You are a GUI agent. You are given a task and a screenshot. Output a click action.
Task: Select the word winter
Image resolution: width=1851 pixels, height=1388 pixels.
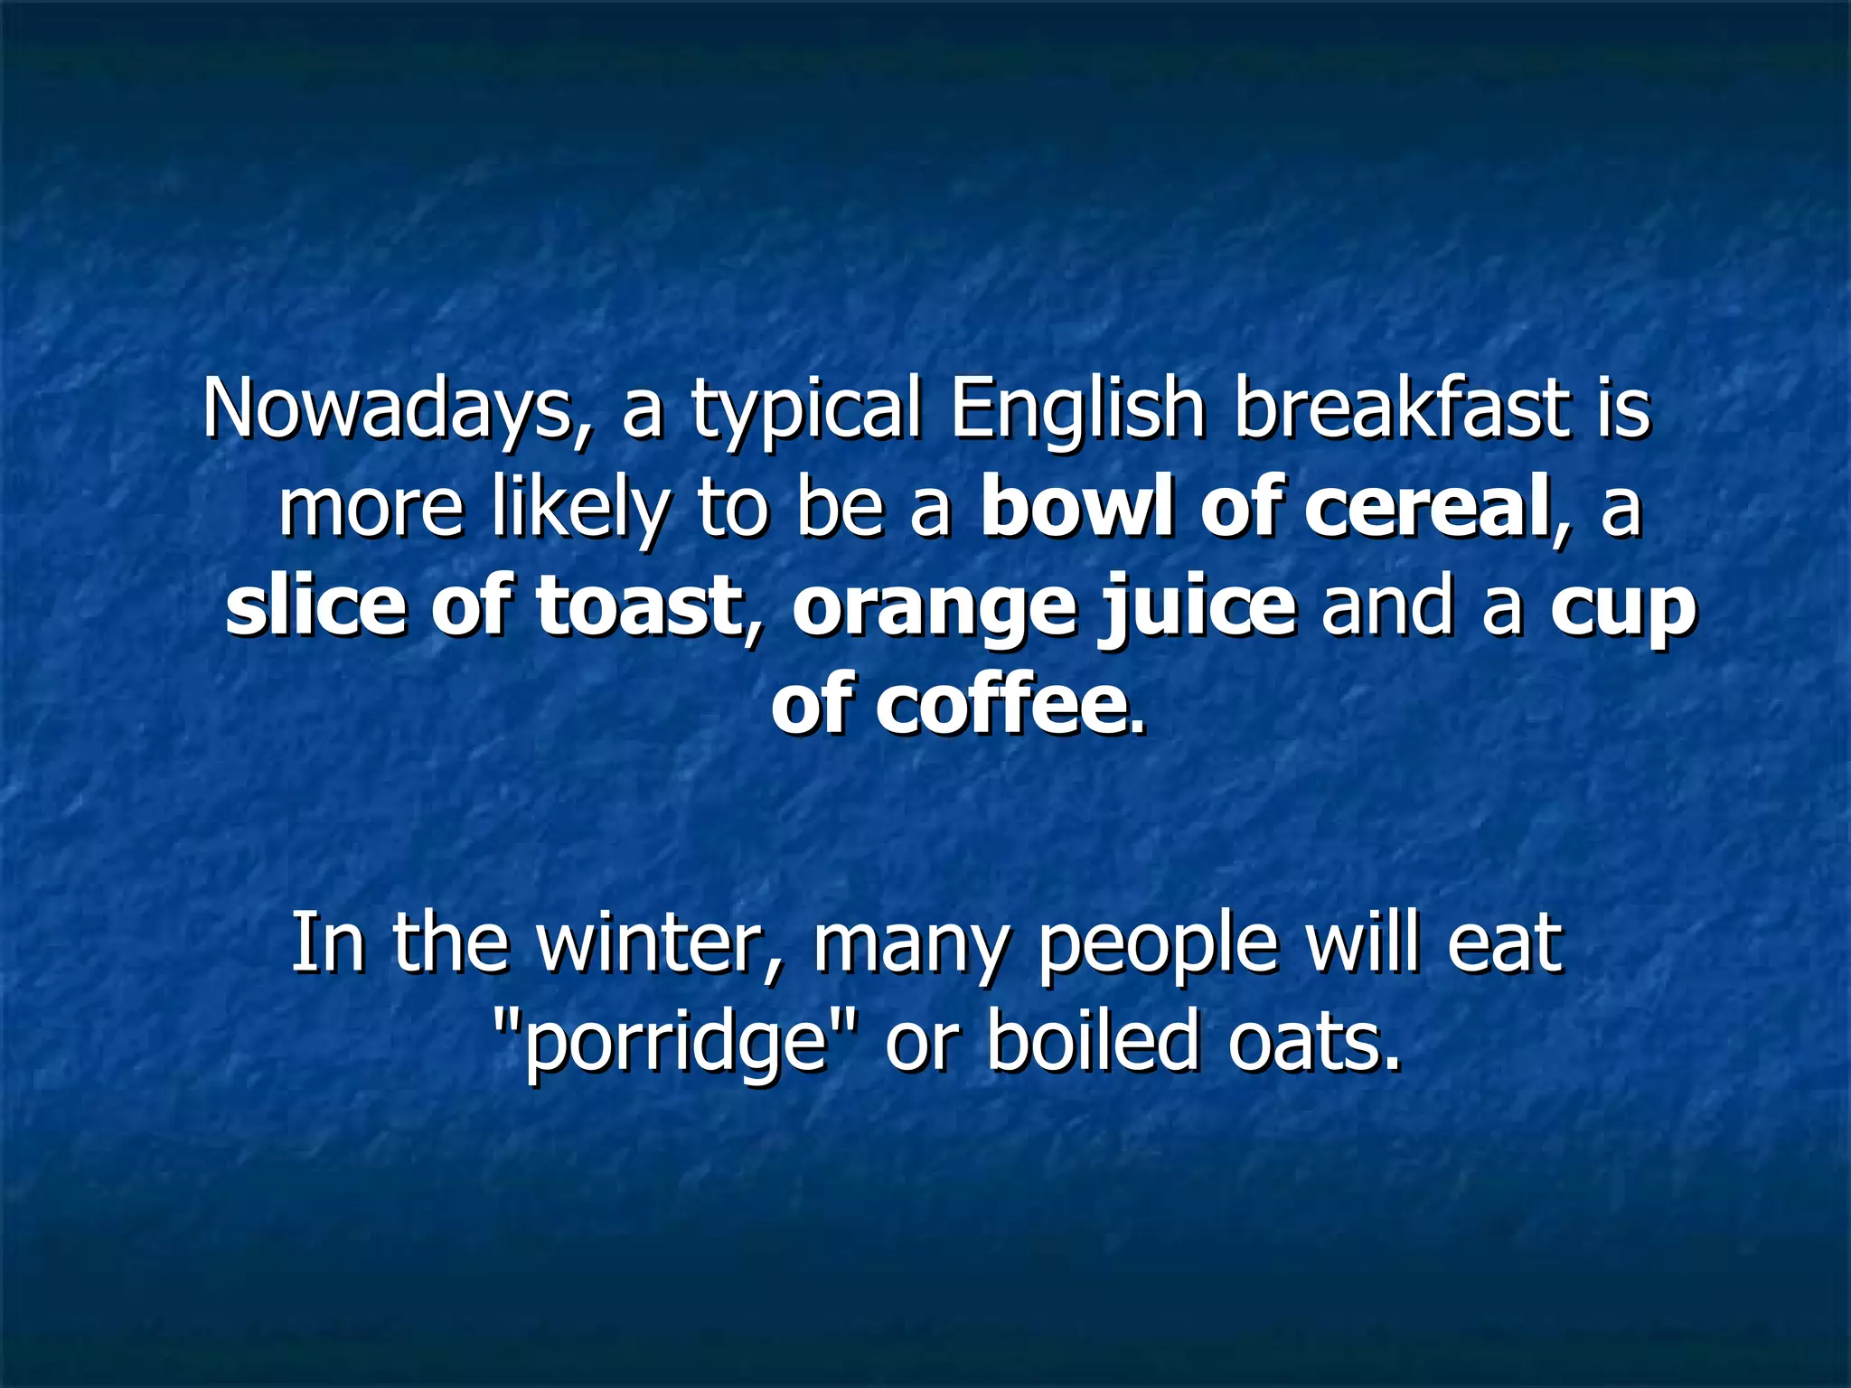point(660,944)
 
